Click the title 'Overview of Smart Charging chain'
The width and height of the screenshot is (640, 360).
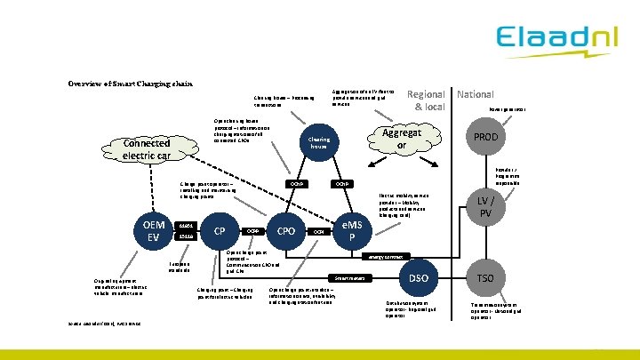point(131,84)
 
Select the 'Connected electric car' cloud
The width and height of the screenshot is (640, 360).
point(147,148)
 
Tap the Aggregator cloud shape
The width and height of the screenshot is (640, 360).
point(401,138)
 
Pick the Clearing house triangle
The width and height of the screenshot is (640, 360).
point(319,145)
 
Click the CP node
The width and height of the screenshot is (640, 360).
point(218,231)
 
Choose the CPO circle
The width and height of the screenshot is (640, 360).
point(286,231)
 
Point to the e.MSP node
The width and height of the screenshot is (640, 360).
point(354,230)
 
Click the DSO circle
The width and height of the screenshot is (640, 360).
point(419,278)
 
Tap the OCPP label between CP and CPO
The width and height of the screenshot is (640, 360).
point(252,231)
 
